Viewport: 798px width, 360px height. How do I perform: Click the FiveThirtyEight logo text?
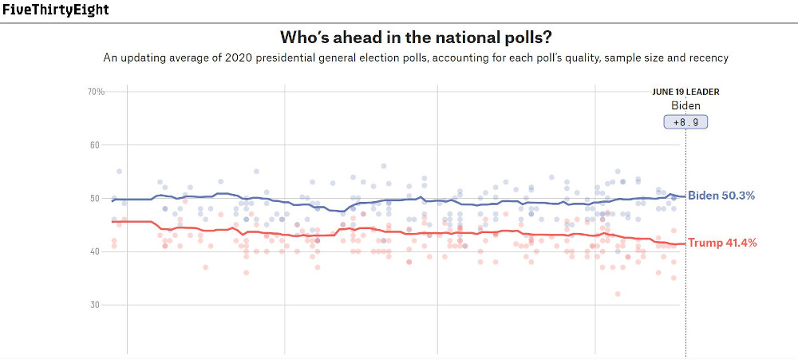tap(56, 10)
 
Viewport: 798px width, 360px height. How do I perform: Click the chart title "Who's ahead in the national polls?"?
tap(416, 38)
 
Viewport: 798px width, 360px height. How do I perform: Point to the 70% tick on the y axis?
tap(96, 92)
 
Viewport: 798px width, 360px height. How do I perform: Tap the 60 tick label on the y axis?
tap(98, 145)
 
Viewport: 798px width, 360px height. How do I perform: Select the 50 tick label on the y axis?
tap(98, 198)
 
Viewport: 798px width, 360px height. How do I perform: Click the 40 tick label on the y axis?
tap(98, 251)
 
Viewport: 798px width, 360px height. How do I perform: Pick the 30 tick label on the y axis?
tap(98, 305)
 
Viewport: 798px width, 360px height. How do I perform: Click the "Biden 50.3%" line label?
tap(721, 196)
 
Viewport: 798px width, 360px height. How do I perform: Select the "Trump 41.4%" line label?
tap(721, 243)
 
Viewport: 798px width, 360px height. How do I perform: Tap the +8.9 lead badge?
tap(685, 122)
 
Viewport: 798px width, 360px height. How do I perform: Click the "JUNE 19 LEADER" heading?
tap(685, 92)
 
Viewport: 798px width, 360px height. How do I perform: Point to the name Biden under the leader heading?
tap(685, 105)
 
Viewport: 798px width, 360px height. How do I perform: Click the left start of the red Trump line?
tap(113, 222)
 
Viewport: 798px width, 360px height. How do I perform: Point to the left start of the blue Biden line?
tap(113, 200)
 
